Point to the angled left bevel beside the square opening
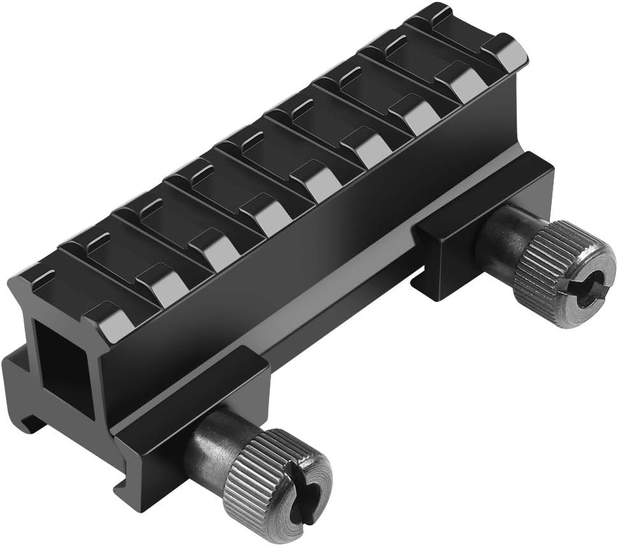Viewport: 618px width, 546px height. tap(19, 299)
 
